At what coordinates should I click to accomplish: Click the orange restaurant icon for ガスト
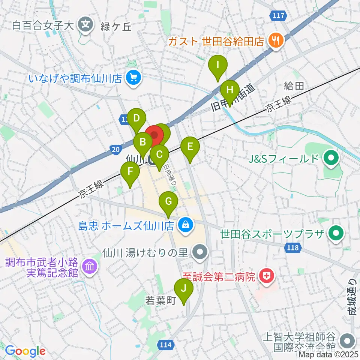[x=276, y=40]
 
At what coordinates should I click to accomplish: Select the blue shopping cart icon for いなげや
[x=133, y=78]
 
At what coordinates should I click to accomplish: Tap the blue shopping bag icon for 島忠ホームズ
[x=185, y=225]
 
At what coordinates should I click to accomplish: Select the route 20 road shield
[x=116, y=150]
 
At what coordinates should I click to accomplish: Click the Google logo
[x=25, y=351]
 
